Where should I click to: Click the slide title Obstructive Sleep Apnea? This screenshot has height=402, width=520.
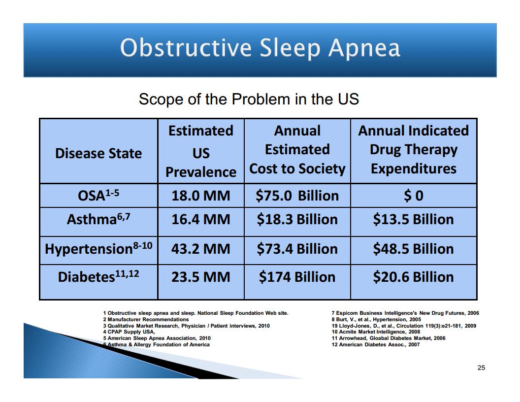point(260,48)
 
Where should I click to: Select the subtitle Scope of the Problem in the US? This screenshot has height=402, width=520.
point(249,99)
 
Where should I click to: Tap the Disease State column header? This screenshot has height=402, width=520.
point(98,153)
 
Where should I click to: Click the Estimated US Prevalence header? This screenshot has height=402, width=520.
point(201,151)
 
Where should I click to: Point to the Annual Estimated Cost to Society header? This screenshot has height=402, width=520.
point(297,150)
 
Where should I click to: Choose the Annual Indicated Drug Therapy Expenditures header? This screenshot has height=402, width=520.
point(414,150)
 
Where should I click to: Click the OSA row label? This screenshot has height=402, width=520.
point(98,195)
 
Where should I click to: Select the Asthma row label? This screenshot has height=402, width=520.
point(98,219)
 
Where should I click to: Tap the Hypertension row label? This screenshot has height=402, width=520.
point(98,248)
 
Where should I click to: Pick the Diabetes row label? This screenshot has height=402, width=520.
point(98,276)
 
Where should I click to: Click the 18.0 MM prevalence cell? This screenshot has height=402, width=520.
point(200,196)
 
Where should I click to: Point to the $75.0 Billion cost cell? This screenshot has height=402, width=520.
point(297,196)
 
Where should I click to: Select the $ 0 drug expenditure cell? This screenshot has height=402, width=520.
point(414,196)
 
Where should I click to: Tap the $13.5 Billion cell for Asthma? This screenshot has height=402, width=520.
point(414,219)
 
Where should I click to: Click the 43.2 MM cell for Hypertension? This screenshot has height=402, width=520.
point(200,249)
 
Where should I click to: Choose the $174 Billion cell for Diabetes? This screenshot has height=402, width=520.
point(297,277)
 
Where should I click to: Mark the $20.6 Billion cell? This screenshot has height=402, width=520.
point(414,277)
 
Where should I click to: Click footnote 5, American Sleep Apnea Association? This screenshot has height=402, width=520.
point(157,338)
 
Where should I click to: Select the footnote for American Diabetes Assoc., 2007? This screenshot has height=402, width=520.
point(376,345)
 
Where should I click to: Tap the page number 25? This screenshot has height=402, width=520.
point(481,368)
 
